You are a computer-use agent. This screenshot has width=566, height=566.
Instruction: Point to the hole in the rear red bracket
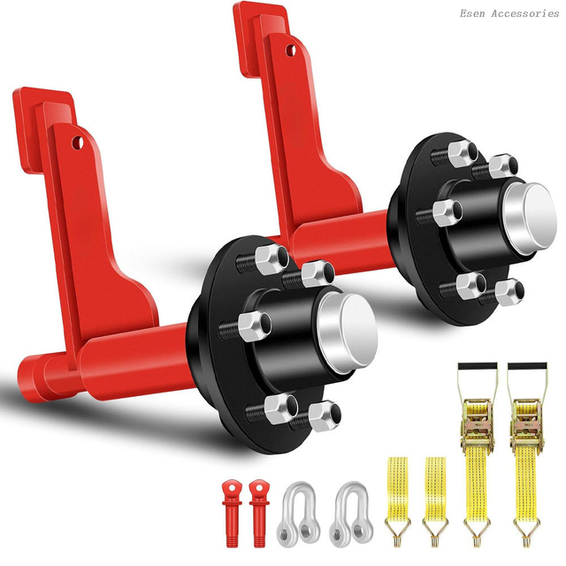coord(290,50)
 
